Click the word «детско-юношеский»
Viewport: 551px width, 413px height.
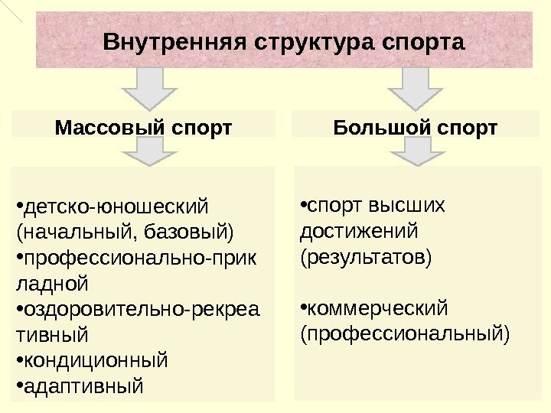click(x=116, y=206)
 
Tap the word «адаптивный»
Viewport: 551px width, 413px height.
click(x=84, y=385)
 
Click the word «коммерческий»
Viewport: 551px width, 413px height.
click(x=377, y=308)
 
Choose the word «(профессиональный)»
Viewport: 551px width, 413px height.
click(x=405, y=333)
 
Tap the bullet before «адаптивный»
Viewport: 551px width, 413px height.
click(x=19, y=382)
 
